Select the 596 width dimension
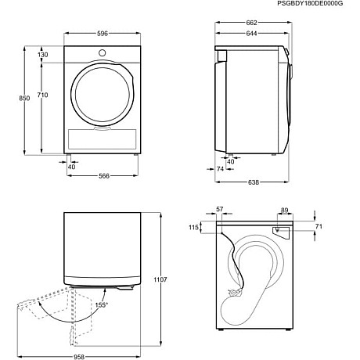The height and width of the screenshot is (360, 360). [103, 34]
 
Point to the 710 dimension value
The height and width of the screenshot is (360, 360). [41, 95]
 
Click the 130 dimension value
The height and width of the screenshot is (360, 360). [42, 55]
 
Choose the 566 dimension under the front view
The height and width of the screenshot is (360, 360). [103, 176]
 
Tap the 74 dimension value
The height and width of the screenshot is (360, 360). [221, 169]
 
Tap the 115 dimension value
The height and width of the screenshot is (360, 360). [193, 228]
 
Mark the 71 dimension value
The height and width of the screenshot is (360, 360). [318, 228]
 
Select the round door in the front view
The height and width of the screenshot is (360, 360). [102, 92]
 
